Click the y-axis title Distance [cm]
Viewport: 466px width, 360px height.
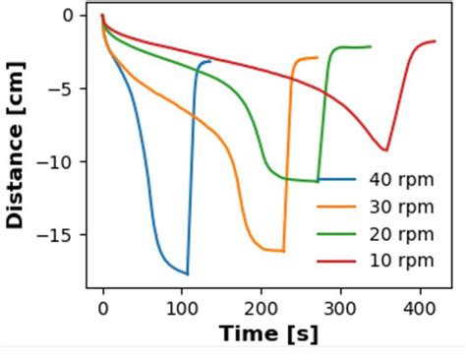(15, 145)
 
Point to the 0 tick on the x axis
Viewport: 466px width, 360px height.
(102, 307)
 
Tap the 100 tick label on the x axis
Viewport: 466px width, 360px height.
(182, 307)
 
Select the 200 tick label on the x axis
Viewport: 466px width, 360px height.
(262, 307)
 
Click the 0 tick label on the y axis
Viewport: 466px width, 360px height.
(68, 15)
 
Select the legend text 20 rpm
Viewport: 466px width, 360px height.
(401, 233)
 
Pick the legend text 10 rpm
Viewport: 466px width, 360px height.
(401, 261)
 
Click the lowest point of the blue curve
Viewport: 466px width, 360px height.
(187, 273)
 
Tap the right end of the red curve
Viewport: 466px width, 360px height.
(435, 41)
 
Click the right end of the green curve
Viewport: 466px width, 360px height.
(371, 46)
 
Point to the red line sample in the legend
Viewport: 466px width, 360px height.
(336, 261)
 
